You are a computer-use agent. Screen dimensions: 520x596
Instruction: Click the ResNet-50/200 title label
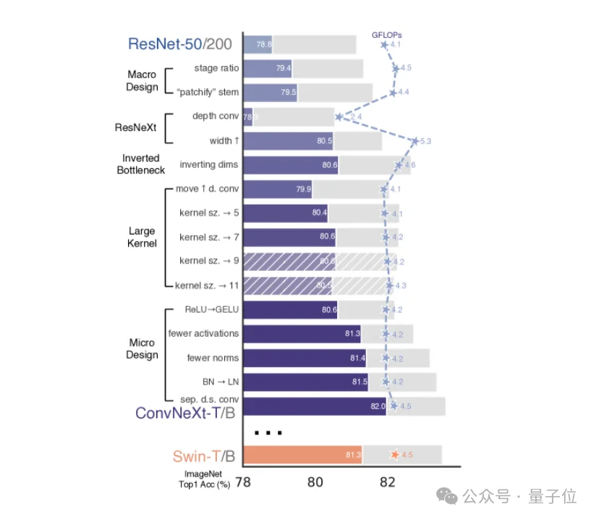tap(180, 44)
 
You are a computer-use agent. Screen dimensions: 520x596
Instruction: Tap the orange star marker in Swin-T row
tap(394, 455)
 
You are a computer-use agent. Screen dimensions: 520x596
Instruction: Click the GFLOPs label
tap(387, 34)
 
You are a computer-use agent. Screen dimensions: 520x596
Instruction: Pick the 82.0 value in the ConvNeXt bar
tap(378, 406)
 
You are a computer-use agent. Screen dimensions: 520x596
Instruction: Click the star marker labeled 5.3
tap(414, 141)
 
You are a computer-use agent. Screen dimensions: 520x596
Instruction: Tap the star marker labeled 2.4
tap(339, 117)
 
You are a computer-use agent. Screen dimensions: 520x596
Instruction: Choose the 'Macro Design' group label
tap(142, 80)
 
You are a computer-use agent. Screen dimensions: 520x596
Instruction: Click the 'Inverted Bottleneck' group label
tap(141, 164)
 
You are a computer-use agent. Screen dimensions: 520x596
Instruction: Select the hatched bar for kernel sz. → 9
tap(289, 261)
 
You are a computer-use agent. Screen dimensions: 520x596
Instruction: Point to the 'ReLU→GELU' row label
tap(212, 310)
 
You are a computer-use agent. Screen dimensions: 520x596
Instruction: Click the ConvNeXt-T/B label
tap(184, 413)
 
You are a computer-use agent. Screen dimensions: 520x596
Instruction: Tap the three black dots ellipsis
tap(268, 433)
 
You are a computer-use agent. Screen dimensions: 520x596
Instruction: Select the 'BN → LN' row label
tap(221, 381)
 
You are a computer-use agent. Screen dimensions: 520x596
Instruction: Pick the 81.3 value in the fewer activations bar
tap(353, 334)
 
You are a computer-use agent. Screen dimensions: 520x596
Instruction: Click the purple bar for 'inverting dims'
tap(289, 165)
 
